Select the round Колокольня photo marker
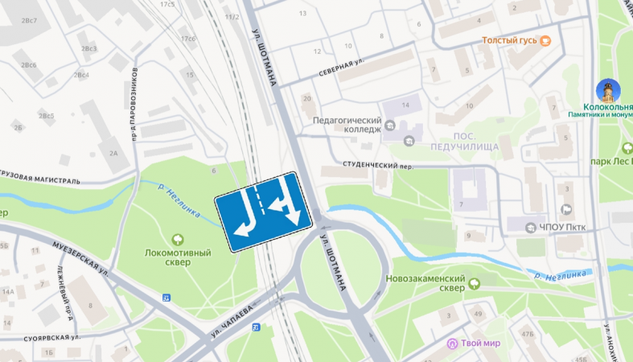click(607, 90)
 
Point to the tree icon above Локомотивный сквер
click(177, 238)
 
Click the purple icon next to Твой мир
click(453, 343)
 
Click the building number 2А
click(113, 153)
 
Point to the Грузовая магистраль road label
click(40, 177)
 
